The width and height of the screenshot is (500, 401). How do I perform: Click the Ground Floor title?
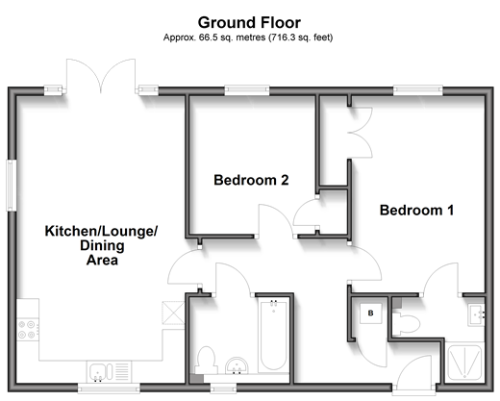pyautogui.click(x=249, y=23)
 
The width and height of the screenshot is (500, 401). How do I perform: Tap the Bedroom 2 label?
pyautogui.click(x=251, y=180)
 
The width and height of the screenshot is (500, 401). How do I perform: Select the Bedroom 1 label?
pyautogui.click(x=416, y=211)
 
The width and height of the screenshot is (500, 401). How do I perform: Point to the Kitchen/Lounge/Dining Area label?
pyautogui.click(x=102, y=245)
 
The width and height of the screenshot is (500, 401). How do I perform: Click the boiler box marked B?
pyautogui.click(x=370, y=313)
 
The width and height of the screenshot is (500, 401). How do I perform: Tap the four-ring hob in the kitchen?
pyautogui.click(x=27, y=330)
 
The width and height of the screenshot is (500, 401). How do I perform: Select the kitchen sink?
pyautogui.click(x=109, y=372)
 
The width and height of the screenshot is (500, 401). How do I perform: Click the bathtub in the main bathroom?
pyautogui.click(x=273, y=336)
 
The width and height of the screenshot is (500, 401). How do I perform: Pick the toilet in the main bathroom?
pyautogui.click(x=206, y=361)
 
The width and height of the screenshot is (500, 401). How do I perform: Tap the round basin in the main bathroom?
pyautogui.click(x=237, y=365)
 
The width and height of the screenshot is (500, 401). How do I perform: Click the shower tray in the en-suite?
pyautogui.click(x=464, y=363)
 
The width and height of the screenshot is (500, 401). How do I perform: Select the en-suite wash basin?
pyautogui.click(x=476, y=314)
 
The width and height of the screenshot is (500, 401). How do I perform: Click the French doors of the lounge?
pyautogui.click(x=101, y=77)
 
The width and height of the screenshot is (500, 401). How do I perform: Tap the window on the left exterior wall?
pyautogui.click(x=12, y=186)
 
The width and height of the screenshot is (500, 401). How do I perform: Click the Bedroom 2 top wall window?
pyautogui.click(x=247, y=90)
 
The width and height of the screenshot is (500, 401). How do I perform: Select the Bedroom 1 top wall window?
pyautogui.click(x=418, y=90)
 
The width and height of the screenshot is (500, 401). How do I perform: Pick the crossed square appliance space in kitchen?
pyautogui.click(x=173, y=313)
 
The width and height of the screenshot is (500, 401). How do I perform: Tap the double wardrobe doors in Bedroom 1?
pyautogui.click(x=361, y=133)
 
